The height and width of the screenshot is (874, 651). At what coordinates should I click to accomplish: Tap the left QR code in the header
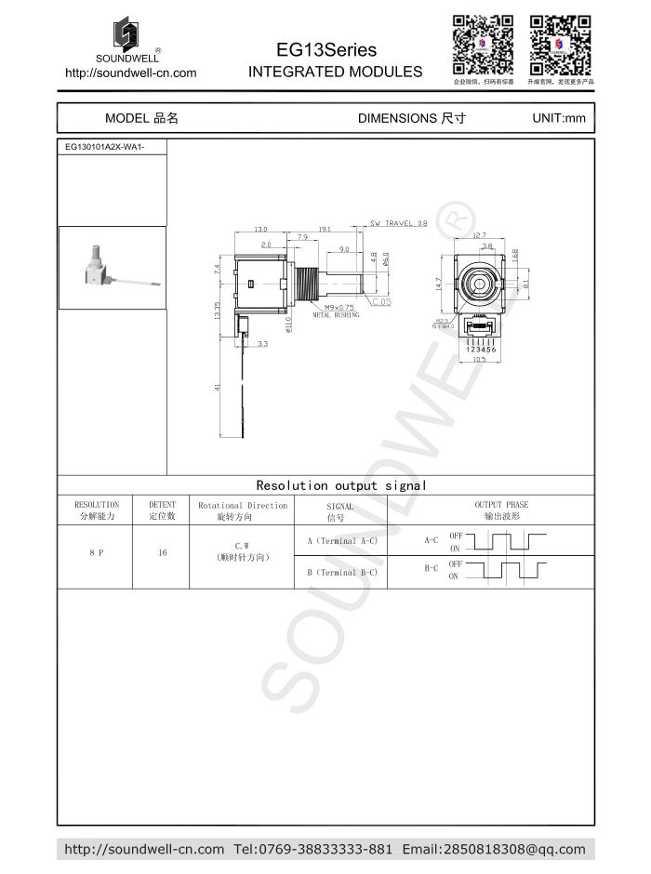483,46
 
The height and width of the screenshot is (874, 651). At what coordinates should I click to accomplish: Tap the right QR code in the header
560,46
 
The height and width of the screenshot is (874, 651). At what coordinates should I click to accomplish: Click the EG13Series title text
326,49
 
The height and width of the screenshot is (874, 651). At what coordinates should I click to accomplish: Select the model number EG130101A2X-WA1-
104,147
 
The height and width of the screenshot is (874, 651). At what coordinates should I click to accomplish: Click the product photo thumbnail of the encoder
113,268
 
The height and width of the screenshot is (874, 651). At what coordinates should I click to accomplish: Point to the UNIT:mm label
558,118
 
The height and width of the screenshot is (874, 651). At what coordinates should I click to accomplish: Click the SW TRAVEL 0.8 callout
398,223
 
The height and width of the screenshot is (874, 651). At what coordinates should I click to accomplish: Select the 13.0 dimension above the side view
260,229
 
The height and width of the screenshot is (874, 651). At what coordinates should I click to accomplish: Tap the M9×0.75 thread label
339,308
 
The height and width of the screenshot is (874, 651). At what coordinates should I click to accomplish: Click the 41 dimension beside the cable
218,389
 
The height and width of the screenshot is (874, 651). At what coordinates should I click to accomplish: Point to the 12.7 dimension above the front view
479,234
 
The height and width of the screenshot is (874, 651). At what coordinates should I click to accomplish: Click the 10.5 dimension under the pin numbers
479,360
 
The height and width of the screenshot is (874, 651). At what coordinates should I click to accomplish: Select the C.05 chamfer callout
381,301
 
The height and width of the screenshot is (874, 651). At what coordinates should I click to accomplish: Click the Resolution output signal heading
341,485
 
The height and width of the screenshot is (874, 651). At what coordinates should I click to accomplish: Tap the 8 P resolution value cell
96,552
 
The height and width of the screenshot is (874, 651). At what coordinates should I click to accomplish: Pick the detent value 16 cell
162,552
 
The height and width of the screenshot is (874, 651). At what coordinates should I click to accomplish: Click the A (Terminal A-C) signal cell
341,540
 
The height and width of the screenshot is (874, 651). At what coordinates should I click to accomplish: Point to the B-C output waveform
505,571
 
